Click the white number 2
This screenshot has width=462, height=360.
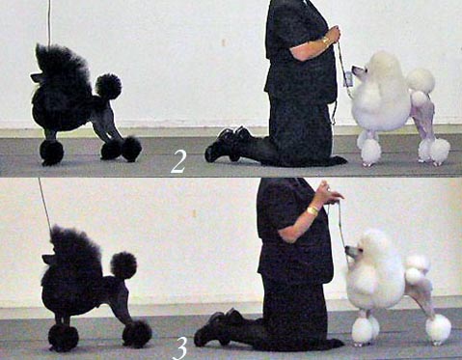pos(178,162)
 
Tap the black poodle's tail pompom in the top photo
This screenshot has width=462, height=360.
pos(109,86)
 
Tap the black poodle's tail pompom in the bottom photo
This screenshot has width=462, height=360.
pos(123,265)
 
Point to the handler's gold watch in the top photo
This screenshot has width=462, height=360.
pos(326,42)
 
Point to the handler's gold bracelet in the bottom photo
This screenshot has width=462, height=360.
pos(312,210)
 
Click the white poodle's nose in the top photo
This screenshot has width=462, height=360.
pos(353,68)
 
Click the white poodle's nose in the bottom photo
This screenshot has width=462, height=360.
pos(347,248)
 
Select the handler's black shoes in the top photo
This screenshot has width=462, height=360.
pos(229,144)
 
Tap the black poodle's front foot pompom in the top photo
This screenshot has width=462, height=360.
pos(51,152)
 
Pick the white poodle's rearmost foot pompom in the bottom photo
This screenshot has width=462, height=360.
pos(439,329)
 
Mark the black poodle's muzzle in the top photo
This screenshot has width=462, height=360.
pos(36,77)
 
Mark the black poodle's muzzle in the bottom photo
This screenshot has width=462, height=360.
pos(47,259)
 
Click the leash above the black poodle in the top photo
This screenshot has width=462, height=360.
pos(49,22)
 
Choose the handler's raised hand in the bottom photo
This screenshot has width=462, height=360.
pos(329,193)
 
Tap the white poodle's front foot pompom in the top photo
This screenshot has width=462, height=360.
pos(371,152)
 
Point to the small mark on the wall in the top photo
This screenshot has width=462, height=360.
pos(224,42)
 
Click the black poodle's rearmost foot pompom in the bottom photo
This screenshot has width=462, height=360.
pos(137,334)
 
